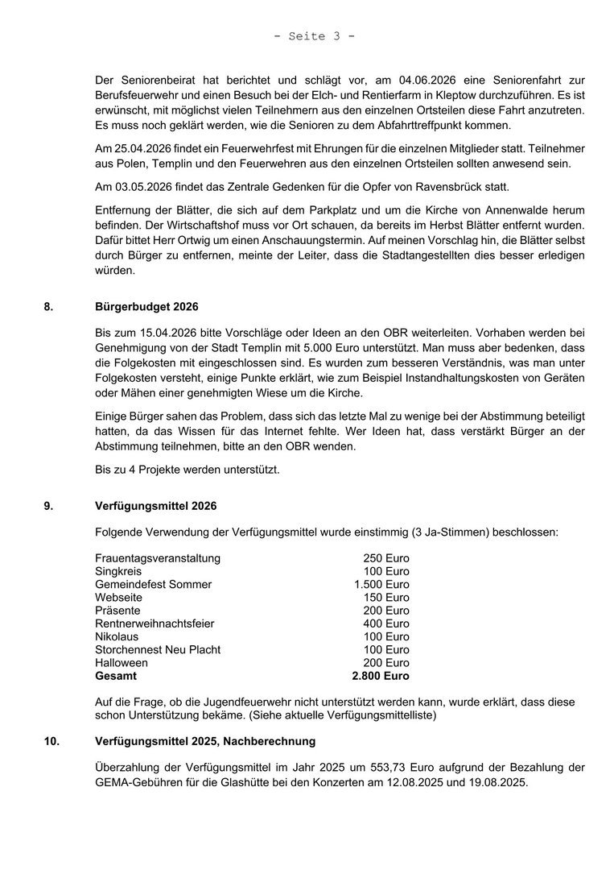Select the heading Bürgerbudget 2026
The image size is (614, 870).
tap(146, 307)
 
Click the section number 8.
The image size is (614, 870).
tap(48, 307)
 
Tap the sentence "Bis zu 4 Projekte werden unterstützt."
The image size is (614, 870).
tap(187, 470)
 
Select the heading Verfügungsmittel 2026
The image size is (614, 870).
tap(155, 506)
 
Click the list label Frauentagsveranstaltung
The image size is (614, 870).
tap(158, 558)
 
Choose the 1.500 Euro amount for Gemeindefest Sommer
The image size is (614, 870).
tap(381, 584)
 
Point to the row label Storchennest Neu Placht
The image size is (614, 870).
tap(158, 649)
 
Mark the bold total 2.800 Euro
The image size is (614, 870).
tap(381, 676)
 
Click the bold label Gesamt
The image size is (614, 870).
tap(116, 676)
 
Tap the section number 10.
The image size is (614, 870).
tap(51, 740)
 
